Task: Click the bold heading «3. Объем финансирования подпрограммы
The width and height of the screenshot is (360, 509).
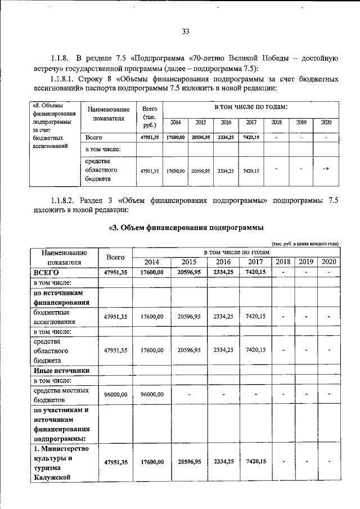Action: [186, 227]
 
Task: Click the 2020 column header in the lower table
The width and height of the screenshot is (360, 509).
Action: [328, 262]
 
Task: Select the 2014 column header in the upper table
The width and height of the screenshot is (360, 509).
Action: [175, 123]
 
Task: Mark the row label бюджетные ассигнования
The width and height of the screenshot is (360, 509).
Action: [54, 317]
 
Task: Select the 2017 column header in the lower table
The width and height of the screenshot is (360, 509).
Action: [256, 262]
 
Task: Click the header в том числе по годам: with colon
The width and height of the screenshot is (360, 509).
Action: [250, 107]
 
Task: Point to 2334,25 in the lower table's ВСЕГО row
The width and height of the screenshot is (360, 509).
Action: [223, 272]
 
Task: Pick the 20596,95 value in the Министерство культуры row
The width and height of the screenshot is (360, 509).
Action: [188, 461]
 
